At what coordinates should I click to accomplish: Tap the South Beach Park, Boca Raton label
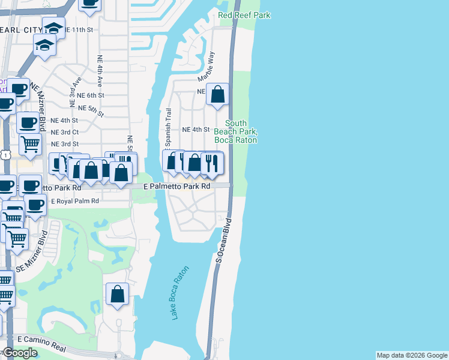tap(236, 131)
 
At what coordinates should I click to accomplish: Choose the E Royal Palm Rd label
tap(75, 202)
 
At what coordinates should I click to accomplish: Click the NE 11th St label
tap(81, 29)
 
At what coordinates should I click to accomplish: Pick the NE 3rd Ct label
tap(65, 132)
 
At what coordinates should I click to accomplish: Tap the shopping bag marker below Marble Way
tap(218, 94)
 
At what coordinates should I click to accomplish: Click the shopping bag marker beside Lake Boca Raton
tap(117, 294)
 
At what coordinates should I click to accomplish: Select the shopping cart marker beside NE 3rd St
tap(30, 143)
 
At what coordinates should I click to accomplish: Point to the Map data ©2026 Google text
tap(412, 355)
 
